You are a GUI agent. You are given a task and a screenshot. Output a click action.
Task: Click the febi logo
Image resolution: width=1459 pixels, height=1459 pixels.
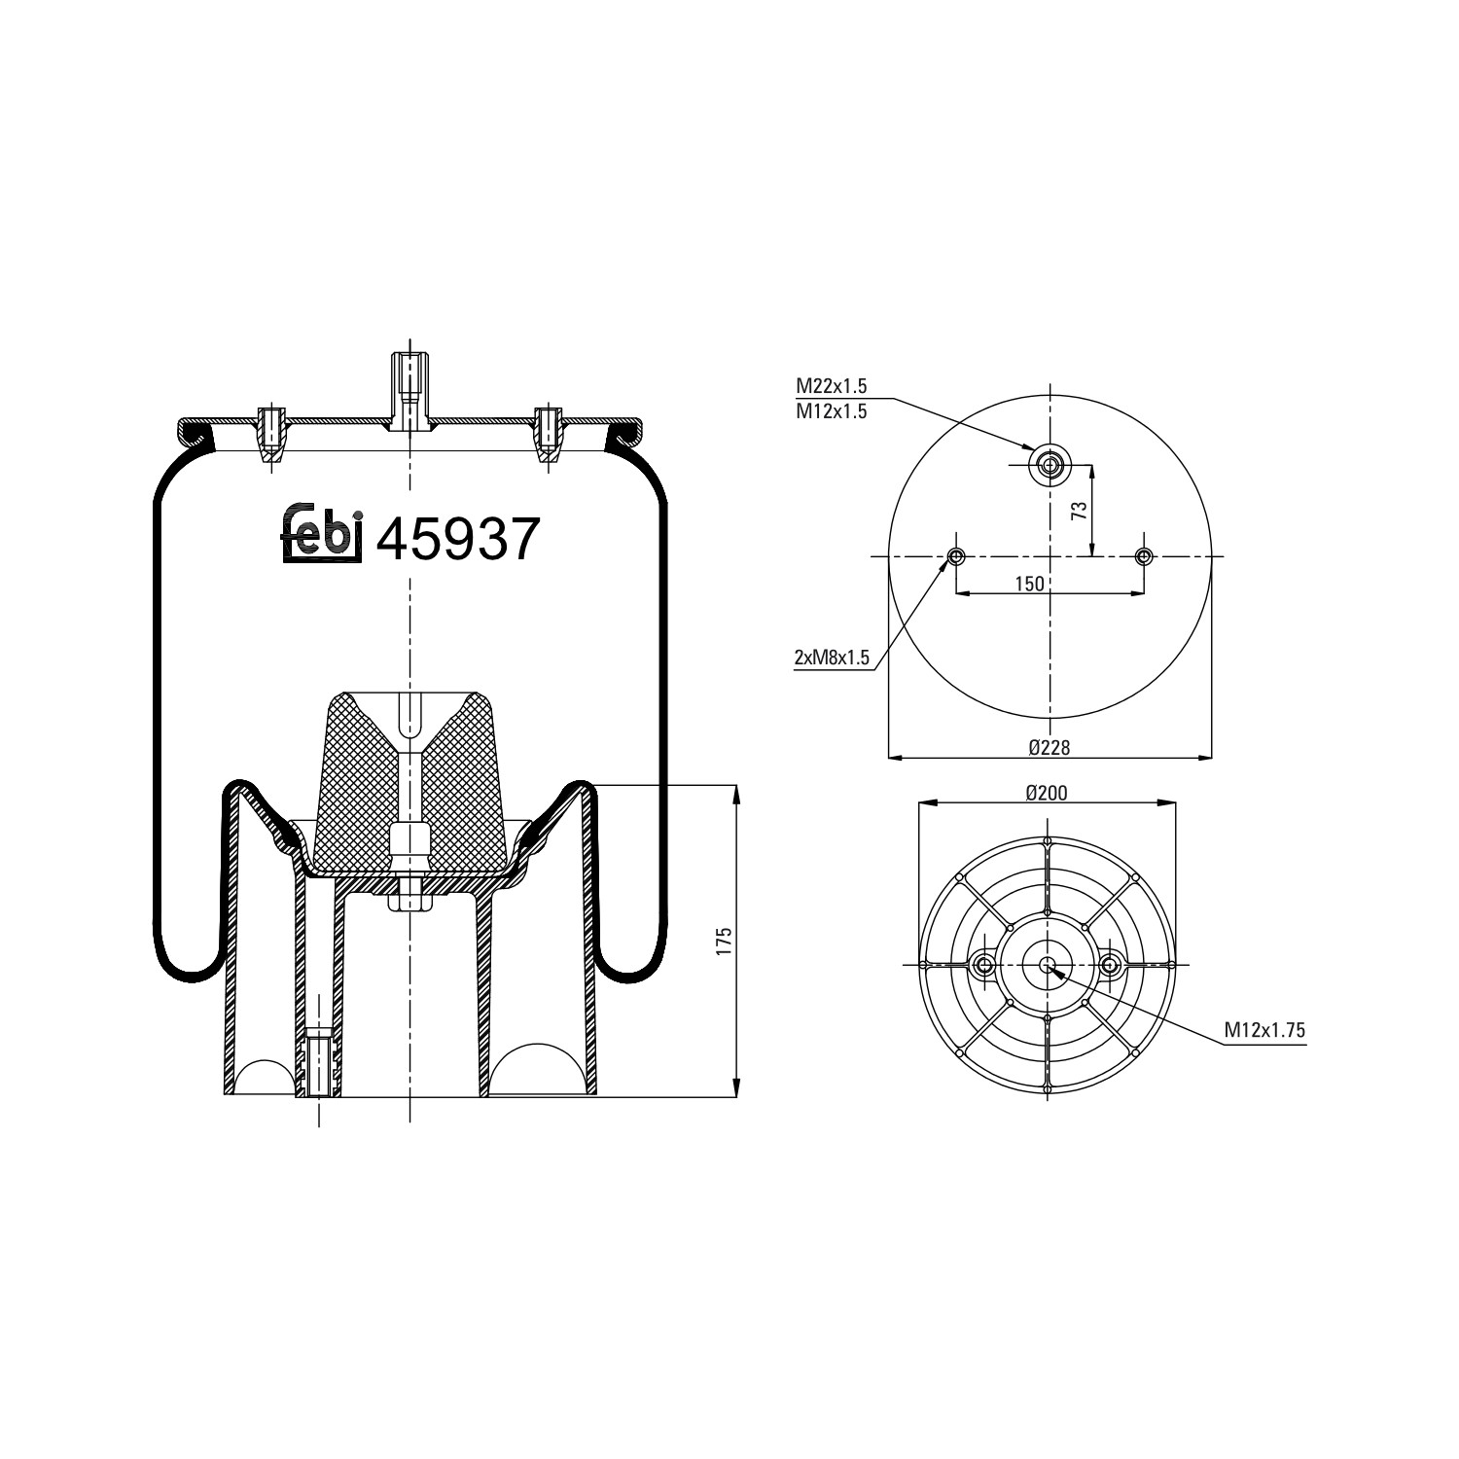[322, 536]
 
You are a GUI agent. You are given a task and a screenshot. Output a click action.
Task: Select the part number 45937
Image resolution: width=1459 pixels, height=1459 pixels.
[457, 540]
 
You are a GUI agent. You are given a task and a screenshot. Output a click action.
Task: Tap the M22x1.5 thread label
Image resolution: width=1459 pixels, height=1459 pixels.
[832, 387]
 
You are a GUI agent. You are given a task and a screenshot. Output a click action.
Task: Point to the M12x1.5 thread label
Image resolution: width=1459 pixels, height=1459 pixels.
[832, 411]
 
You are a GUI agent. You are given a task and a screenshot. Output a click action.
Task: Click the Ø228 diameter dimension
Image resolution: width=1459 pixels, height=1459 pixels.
[1050, 746]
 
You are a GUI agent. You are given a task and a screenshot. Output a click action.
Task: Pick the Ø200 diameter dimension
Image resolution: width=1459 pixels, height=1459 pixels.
[1047, 793]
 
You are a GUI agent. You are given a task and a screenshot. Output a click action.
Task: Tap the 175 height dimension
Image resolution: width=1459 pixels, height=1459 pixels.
[723, 942]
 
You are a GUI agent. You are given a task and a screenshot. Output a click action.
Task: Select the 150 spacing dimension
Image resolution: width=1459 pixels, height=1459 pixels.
[1029, 584]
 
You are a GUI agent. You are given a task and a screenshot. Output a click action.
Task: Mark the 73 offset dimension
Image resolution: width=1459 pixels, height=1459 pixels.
[1079, 512]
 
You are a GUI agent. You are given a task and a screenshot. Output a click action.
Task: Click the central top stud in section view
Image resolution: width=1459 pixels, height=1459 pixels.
[409, 389]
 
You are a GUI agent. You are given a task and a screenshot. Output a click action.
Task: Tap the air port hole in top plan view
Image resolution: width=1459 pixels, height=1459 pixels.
[1050, 465]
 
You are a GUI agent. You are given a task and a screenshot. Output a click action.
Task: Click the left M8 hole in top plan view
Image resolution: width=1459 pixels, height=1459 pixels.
[956, 556]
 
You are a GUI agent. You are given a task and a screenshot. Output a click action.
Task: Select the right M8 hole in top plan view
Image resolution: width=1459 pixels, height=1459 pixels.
[1144, 556]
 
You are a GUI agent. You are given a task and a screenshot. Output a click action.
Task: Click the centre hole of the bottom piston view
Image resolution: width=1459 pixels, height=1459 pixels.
[1047, 965]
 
